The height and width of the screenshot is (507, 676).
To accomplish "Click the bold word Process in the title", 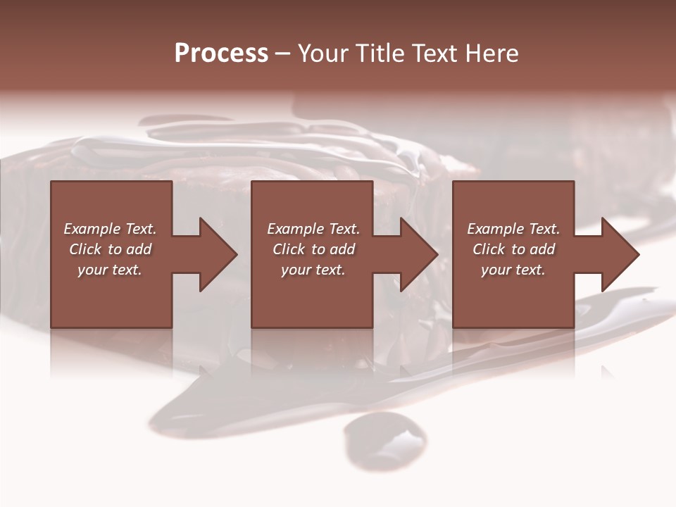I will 221,54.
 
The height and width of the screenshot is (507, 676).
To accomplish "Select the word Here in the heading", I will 492,54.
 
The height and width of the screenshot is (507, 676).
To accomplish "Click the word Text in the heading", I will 436,54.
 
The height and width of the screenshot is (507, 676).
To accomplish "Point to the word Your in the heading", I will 323,54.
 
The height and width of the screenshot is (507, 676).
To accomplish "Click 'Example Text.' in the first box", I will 110,229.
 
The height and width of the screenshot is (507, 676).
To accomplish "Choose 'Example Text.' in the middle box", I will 313,229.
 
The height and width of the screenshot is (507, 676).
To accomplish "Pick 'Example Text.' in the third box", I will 513,229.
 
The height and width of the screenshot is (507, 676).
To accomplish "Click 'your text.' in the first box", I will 110,270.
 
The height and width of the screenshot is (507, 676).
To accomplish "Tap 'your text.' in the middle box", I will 313,270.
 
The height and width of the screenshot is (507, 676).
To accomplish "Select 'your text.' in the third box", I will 513,270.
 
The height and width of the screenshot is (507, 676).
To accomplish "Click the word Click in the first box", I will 85,249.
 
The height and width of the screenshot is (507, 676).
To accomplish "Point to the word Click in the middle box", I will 289,249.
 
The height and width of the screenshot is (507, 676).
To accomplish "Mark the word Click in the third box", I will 489,249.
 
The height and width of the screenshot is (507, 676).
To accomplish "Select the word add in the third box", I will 542,249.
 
